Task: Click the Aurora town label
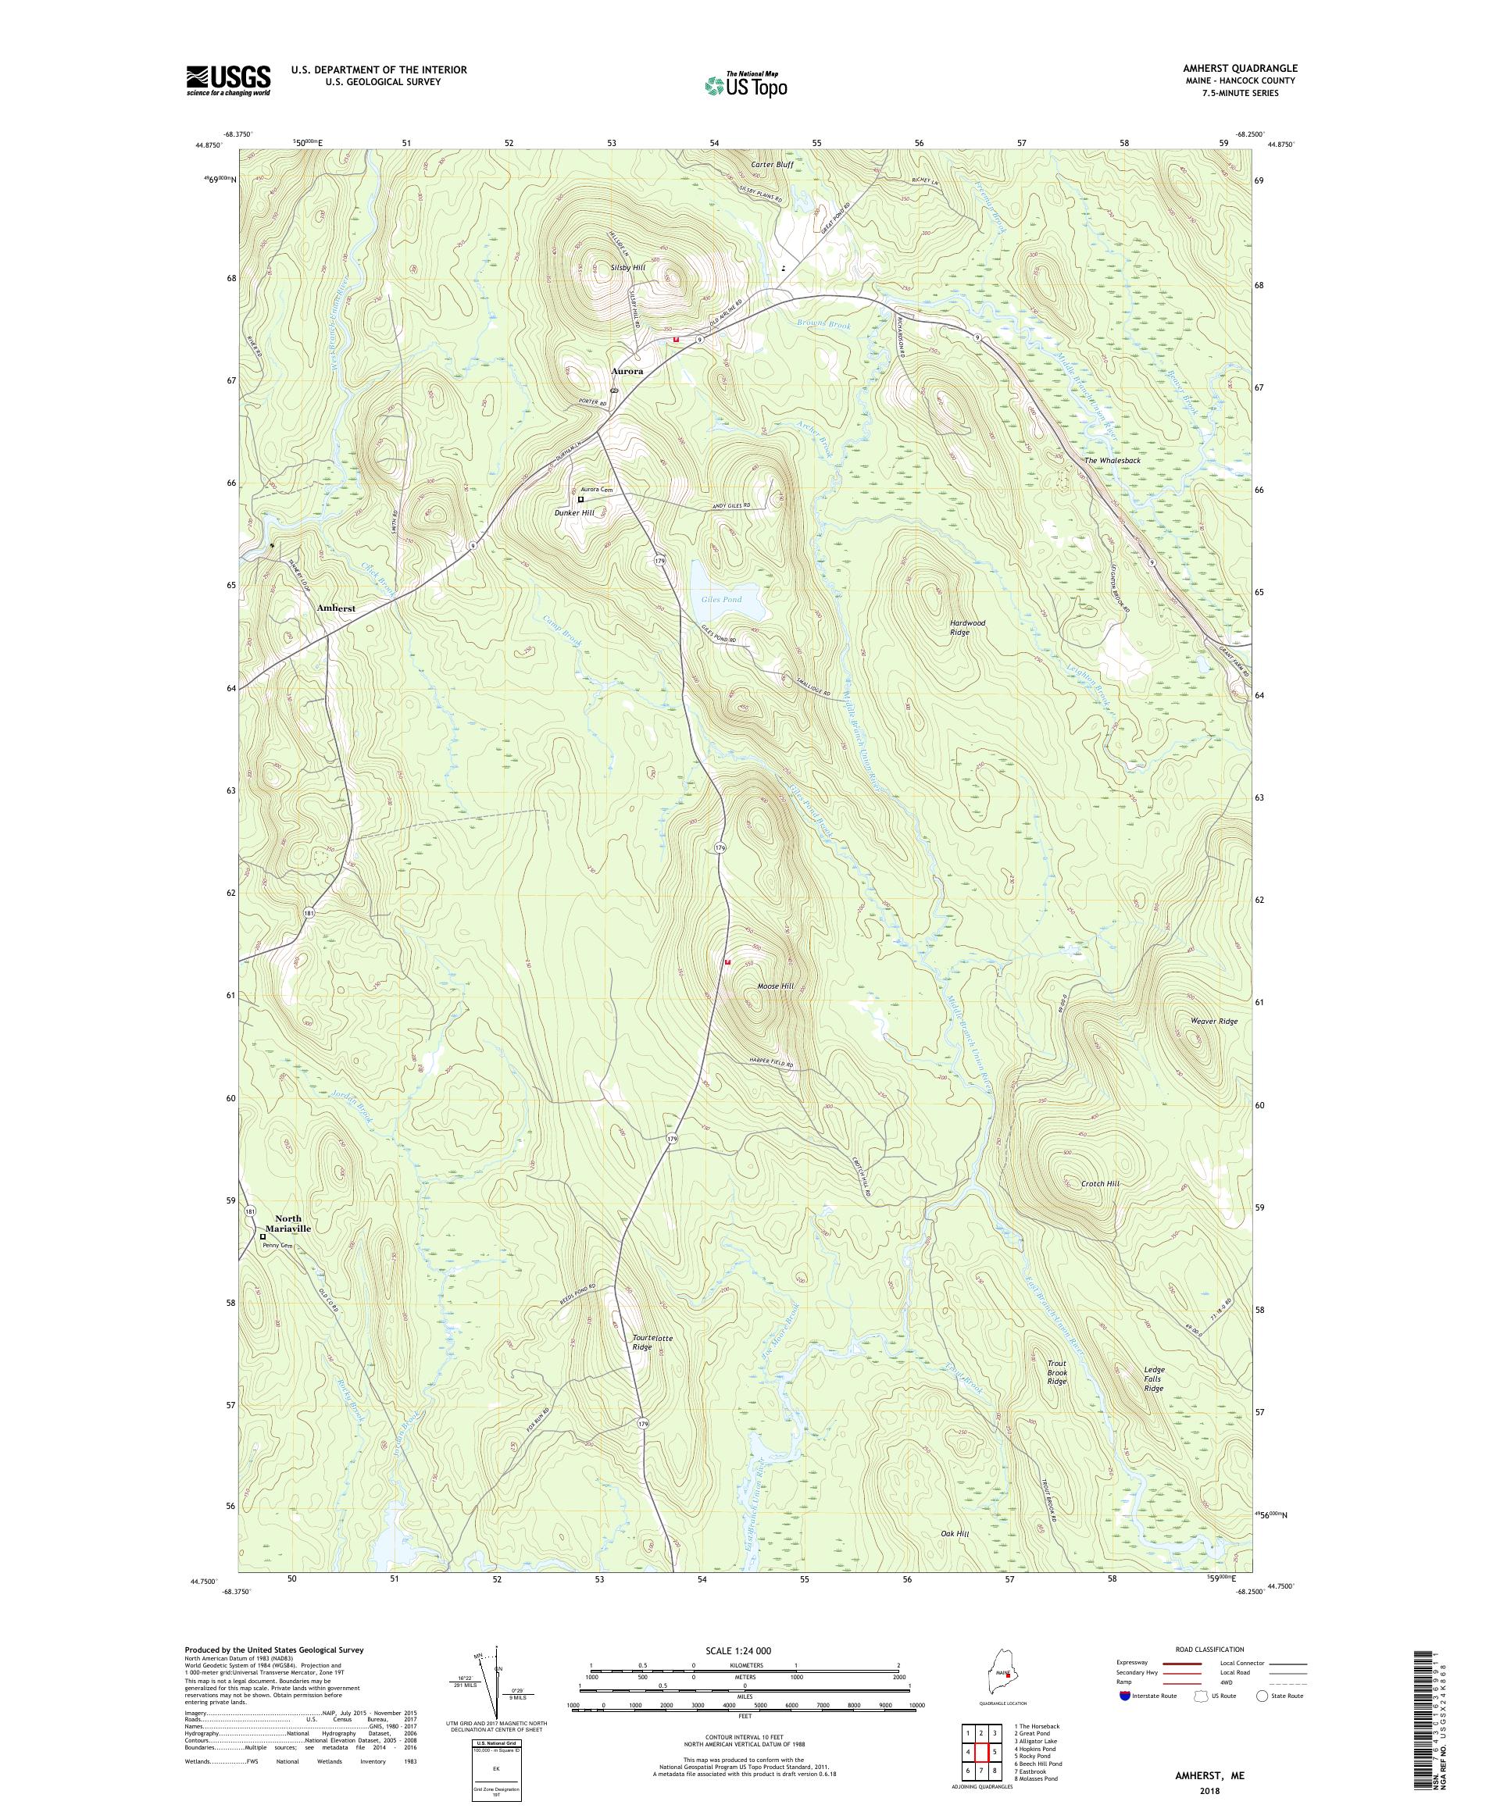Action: [627, 371]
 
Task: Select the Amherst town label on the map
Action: [336, 608]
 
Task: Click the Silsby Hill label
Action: [627, 267]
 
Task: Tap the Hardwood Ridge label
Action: [966, 627]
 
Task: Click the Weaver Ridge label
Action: [1213, 1021]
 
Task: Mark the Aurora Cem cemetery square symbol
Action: [580, 499]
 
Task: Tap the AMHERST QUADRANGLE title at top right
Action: [1243, 68]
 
